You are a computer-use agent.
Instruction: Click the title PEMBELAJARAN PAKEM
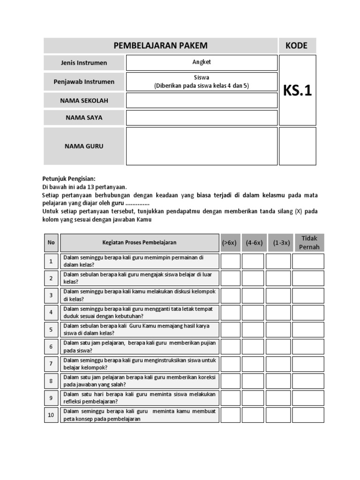pos(161,45)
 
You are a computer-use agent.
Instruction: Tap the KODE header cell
pos(297,45)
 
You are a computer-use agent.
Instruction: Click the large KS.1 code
pos(297,90)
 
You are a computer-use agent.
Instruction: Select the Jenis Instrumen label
pos(84,63)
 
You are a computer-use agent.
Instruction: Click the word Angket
pos(202,62)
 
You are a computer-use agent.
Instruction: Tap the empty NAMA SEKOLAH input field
pos(202,100)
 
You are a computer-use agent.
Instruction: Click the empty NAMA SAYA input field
pos(202,118)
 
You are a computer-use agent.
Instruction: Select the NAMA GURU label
pos(84,146)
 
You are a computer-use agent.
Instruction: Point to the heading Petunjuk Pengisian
pos(69,179)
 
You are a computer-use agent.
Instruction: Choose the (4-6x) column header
pos(254,243)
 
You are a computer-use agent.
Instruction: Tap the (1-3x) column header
pos(278,243)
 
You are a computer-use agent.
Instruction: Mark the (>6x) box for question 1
pos(230,262)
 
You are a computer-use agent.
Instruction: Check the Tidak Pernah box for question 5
pos(308,330)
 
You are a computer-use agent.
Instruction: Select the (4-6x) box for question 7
pos(254,364)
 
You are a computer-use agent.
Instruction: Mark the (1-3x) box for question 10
pos(278,415)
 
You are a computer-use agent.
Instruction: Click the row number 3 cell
pos(51,295)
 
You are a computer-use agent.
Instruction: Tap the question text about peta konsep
pos(140,415)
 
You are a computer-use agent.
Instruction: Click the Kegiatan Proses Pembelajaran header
pos(140,243)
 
